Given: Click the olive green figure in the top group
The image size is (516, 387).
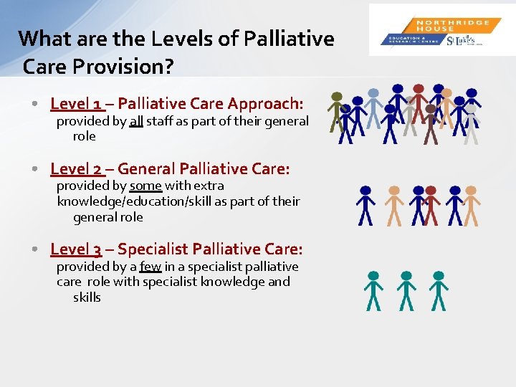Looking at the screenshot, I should pyautogui.click(x=336, y=112).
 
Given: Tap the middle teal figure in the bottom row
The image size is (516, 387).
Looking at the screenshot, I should pyautogui.click(x=406, y=290).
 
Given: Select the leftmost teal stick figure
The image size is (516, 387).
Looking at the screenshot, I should pyautogui.click(x=373, y=290).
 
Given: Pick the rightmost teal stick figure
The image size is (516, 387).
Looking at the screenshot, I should pyautogui.click(x=439, y=290).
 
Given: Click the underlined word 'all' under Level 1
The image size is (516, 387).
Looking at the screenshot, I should pyautogui.click(x=136, y=122).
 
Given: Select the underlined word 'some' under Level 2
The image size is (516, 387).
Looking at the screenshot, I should pyautogui.click(x=145, y=186).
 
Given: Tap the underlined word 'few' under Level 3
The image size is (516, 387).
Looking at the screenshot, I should pyautogui.click(x=150, y=267).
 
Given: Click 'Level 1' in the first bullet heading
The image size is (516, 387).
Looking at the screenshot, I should pyautogui.click(x=76, y=103).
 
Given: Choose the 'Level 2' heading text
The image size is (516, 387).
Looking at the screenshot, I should pyautogui.click(x=76, y=169).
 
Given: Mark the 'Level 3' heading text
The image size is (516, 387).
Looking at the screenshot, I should pyautogui.click(x=76, y=249).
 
